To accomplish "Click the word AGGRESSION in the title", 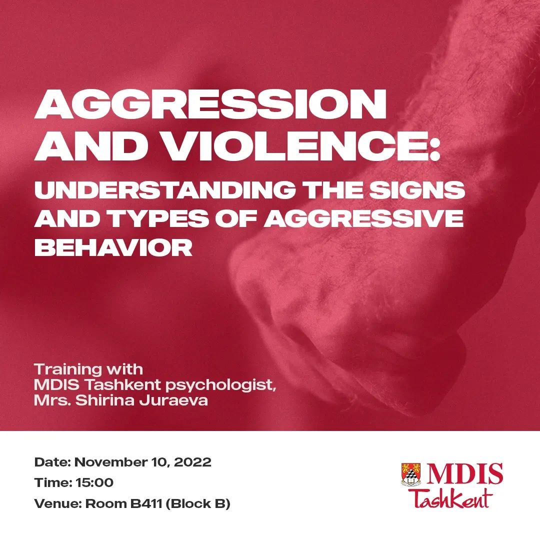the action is coord(210,103).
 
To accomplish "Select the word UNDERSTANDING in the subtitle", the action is coord(165,190).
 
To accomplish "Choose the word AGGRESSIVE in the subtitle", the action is coord(363,218).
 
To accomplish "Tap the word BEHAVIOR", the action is coord(113,247).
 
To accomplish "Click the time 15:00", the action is coord(94,482).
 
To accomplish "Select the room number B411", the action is coord(146,503).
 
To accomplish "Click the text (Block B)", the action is coord(198,504).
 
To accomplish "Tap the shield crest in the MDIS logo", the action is coord(411,474).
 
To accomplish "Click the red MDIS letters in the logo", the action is coord(464,474).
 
